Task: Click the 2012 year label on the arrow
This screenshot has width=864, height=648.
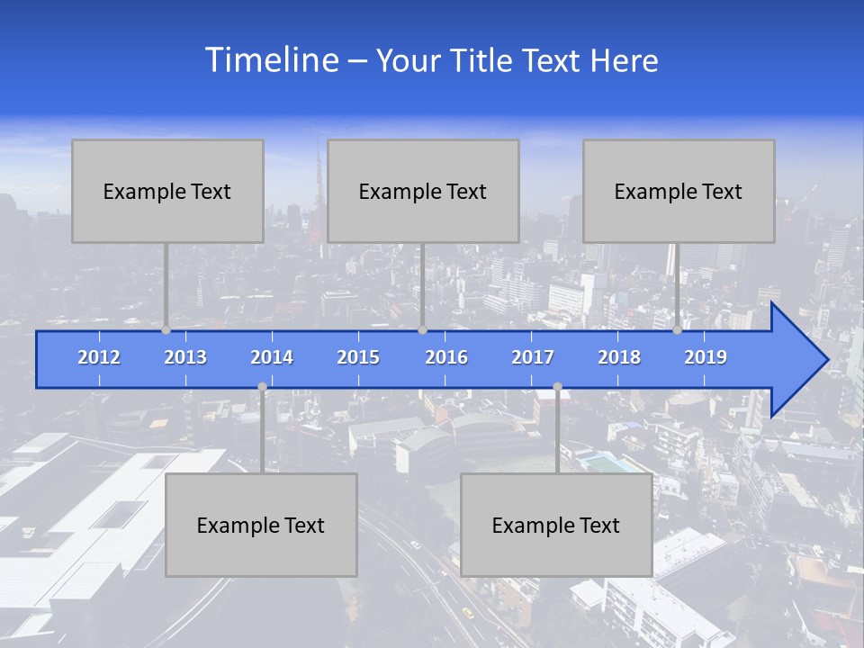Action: [99, 357]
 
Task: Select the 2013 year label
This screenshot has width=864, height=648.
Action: [185, 357]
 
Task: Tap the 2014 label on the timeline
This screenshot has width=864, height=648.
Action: [272, 357]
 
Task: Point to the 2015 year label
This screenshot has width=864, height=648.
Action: [358, 357]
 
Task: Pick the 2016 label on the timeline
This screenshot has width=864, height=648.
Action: [446, 357]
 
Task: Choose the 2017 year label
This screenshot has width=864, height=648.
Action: [533, 357]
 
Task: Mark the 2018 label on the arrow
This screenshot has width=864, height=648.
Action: [619, 357]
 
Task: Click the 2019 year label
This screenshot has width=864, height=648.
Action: [706, 357]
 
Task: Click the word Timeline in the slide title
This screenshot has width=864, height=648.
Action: [270, 60]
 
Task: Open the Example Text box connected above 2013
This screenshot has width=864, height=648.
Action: [167, 191]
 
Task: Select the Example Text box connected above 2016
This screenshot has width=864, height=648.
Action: [423, 191]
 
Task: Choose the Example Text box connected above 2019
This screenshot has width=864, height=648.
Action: [679, 191]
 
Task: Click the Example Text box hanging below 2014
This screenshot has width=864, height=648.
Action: [261, 525]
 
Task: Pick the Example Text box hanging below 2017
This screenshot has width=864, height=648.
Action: [556, 525]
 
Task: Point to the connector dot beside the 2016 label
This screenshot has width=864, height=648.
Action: [422, 330]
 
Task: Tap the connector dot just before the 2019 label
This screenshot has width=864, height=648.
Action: [678, 330]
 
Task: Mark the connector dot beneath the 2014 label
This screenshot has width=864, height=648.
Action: [262, 387]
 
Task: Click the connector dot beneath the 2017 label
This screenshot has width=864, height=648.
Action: [557, 387]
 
